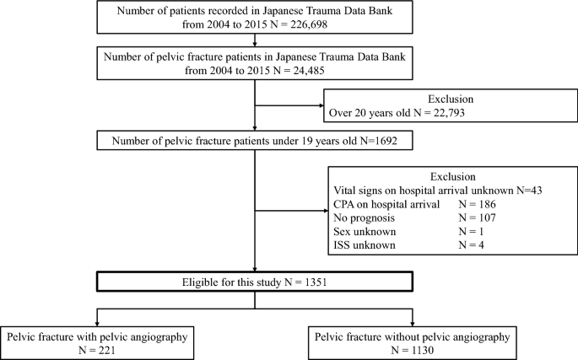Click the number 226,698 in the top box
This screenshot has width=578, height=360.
(x=309, y=24)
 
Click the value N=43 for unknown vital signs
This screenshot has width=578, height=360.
(x=529, y=191)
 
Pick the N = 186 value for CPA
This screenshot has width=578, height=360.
(x=477, y=204)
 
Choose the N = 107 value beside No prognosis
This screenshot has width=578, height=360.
(x=477, y=218)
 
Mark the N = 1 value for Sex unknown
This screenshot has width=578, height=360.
(x=471, y=231)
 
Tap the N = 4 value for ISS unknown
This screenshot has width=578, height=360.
(x=471, y=245)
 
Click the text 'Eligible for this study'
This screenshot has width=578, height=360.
(x=231, y=282)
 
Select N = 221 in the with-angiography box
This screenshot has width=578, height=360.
(x=97, y=350)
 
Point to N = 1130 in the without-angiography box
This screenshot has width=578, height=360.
(x=413, y=350)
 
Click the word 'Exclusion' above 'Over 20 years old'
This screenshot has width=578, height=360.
(x=451, y=99)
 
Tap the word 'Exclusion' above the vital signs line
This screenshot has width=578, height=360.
(x=453, y=176)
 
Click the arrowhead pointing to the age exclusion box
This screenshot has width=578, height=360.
(x=321, y=105)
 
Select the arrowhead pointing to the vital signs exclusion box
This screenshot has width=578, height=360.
(x=326, y=211)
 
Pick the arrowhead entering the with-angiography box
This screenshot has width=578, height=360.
(x=97, y=324)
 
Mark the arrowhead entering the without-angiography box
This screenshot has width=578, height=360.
(x=413, y=324)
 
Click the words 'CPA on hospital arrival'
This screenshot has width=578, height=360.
(x=386, y=204)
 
